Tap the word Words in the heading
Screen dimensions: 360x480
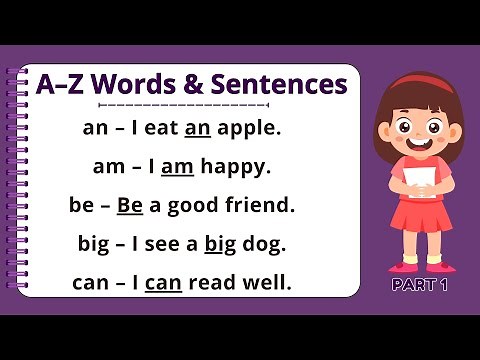[141, 82]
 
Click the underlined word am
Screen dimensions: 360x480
[176, 167]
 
